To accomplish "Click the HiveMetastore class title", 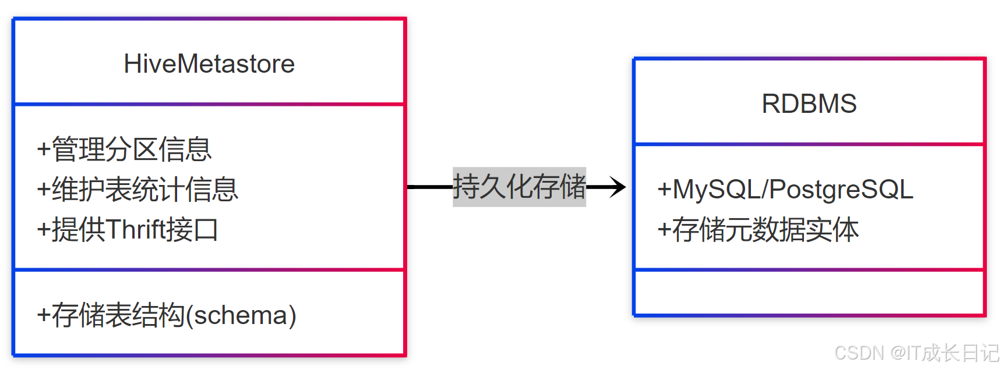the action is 209,64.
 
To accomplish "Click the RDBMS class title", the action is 809,104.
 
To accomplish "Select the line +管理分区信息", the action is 124,150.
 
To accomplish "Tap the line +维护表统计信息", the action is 137,190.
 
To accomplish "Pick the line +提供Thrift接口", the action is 128,230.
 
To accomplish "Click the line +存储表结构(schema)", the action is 167,315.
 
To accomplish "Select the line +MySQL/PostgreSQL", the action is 785,190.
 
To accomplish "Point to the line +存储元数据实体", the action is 758,230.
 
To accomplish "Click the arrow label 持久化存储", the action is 519,187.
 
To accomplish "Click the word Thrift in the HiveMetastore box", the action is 135,230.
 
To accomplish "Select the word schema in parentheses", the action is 241,315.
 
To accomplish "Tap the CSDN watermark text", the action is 859,353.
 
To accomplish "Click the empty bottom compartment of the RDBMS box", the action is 809,293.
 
